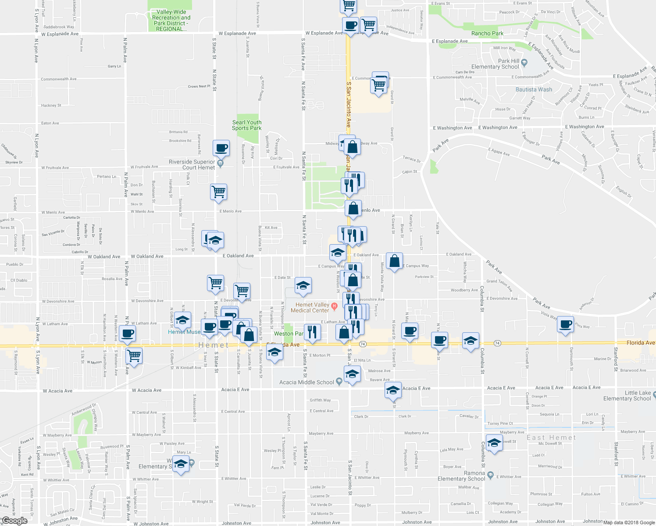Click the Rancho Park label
pos(487,33)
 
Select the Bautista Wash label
pos(534,89)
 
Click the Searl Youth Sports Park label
pos(246,125)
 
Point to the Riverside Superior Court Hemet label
pos(192,164)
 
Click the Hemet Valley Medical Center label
pos(312,307)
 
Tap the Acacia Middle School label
pos(307,382)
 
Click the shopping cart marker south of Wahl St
pos(218,192)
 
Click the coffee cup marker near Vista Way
pos(565,324)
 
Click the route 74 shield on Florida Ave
pos(362,344)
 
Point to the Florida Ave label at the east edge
pos(640,343)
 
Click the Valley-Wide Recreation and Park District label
pos(171,21)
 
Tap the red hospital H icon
pos(334,306)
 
